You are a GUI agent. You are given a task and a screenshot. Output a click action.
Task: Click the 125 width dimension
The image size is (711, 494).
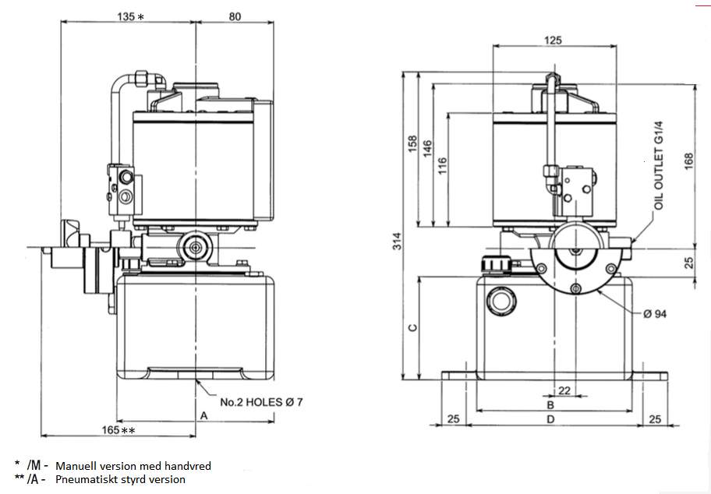tap(553, 40)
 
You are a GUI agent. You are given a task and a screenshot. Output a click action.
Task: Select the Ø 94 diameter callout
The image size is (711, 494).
tap(657, 314)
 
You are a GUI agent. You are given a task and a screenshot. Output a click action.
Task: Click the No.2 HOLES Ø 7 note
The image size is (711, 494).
tap(261, 402)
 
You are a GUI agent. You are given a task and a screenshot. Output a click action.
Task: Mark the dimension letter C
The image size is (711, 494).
tap(412, 326)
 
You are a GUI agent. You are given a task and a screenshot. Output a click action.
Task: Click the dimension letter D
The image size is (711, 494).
tap(550, 419)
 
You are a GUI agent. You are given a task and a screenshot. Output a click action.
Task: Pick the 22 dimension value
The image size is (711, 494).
tap(564, 390)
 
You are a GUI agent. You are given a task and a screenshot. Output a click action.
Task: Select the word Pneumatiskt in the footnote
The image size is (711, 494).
tap(85, 479)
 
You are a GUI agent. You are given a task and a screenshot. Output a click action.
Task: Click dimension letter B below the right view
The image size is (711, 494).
tap(550, 405)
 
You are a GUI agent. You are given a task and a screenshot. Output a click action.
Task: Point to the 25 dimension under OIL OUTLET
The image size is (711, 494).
tap(688, 263)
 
